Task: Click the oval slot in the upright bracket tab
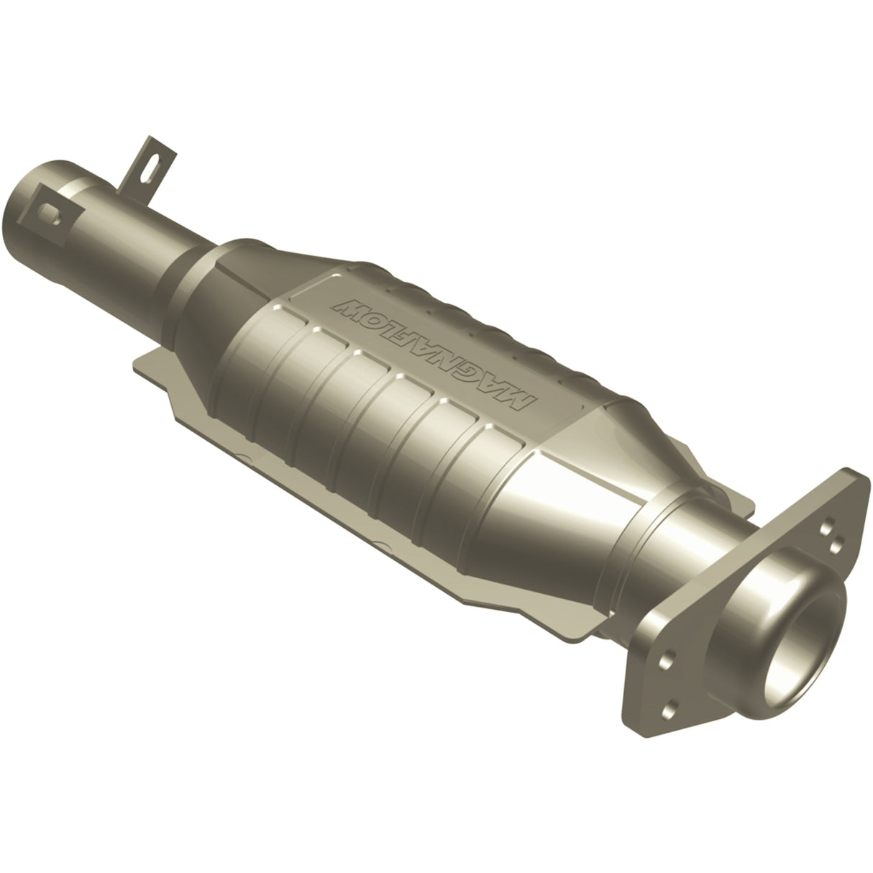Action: click(x=147, y=160)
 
